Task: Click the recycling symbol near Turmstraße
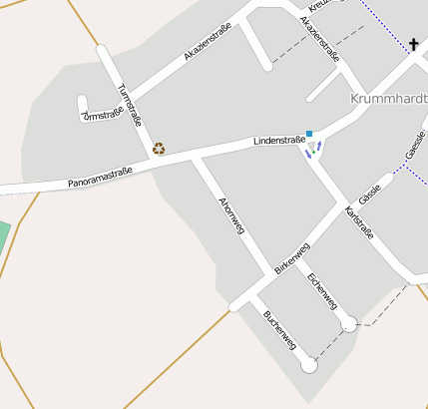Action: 159,149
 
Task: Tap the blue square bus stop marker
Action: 310,134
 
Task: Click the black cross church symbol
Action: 414,44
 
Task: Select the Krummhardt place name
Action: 389,99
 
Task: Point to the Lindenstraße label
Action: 278,142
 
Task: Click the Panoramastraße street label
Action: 100,177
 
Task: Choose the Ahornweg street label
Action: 230,215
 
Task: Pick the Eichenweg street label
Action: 323,290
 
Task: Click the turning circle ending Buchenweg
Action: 308,366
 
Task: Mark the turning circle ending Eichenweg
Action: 348,323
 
